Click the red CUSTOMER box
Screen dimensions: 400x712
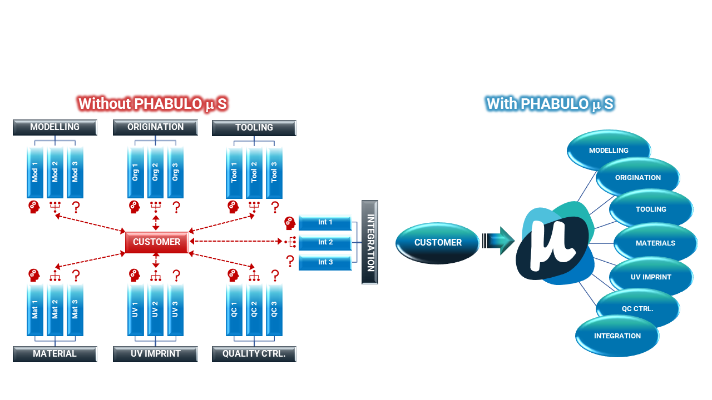[x=156, y=242]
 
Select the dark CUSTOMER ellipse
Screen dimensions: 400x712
[x=437, y=243]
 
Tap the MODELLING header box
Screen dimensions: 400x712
[x=55, y=127]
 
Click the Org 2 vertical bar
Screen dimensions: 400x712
[x=155, y=172]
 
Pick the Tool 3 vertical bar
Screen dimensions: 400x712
[x=274, y=172]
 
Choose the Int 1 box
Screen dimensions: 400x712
[x=325, y=222]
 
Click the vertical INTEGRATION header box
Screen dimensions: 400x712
[x=370, y=242]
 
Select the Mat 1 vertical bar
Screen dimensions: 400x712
[x=35, y=309]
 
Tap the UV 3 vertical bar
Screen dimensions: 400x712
[x=175, y=309]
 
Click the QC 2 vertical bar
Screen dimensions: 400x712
[x=254, y=309]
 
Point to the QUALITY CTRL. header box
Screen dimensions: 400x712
[x=254, y=354]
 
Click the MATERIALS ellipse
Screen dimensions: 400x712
[x=655, y=243]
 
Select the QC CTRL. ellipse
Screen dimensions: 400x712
[x=637, y=309]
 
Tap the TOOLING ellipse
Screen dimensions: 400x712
[x=651, y=209]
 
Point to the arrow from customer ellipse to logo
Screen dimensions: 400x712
[x=498, y=241]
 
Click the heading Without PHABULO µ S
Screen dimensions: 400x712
[x=152, y=104]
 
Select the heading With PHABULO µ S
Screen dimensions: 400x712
[x=550, y=104]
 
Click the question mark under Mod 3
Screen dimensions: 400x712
[x=76, y=208]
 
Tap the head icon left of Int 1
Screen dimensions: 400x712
[x=290, y=223]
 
